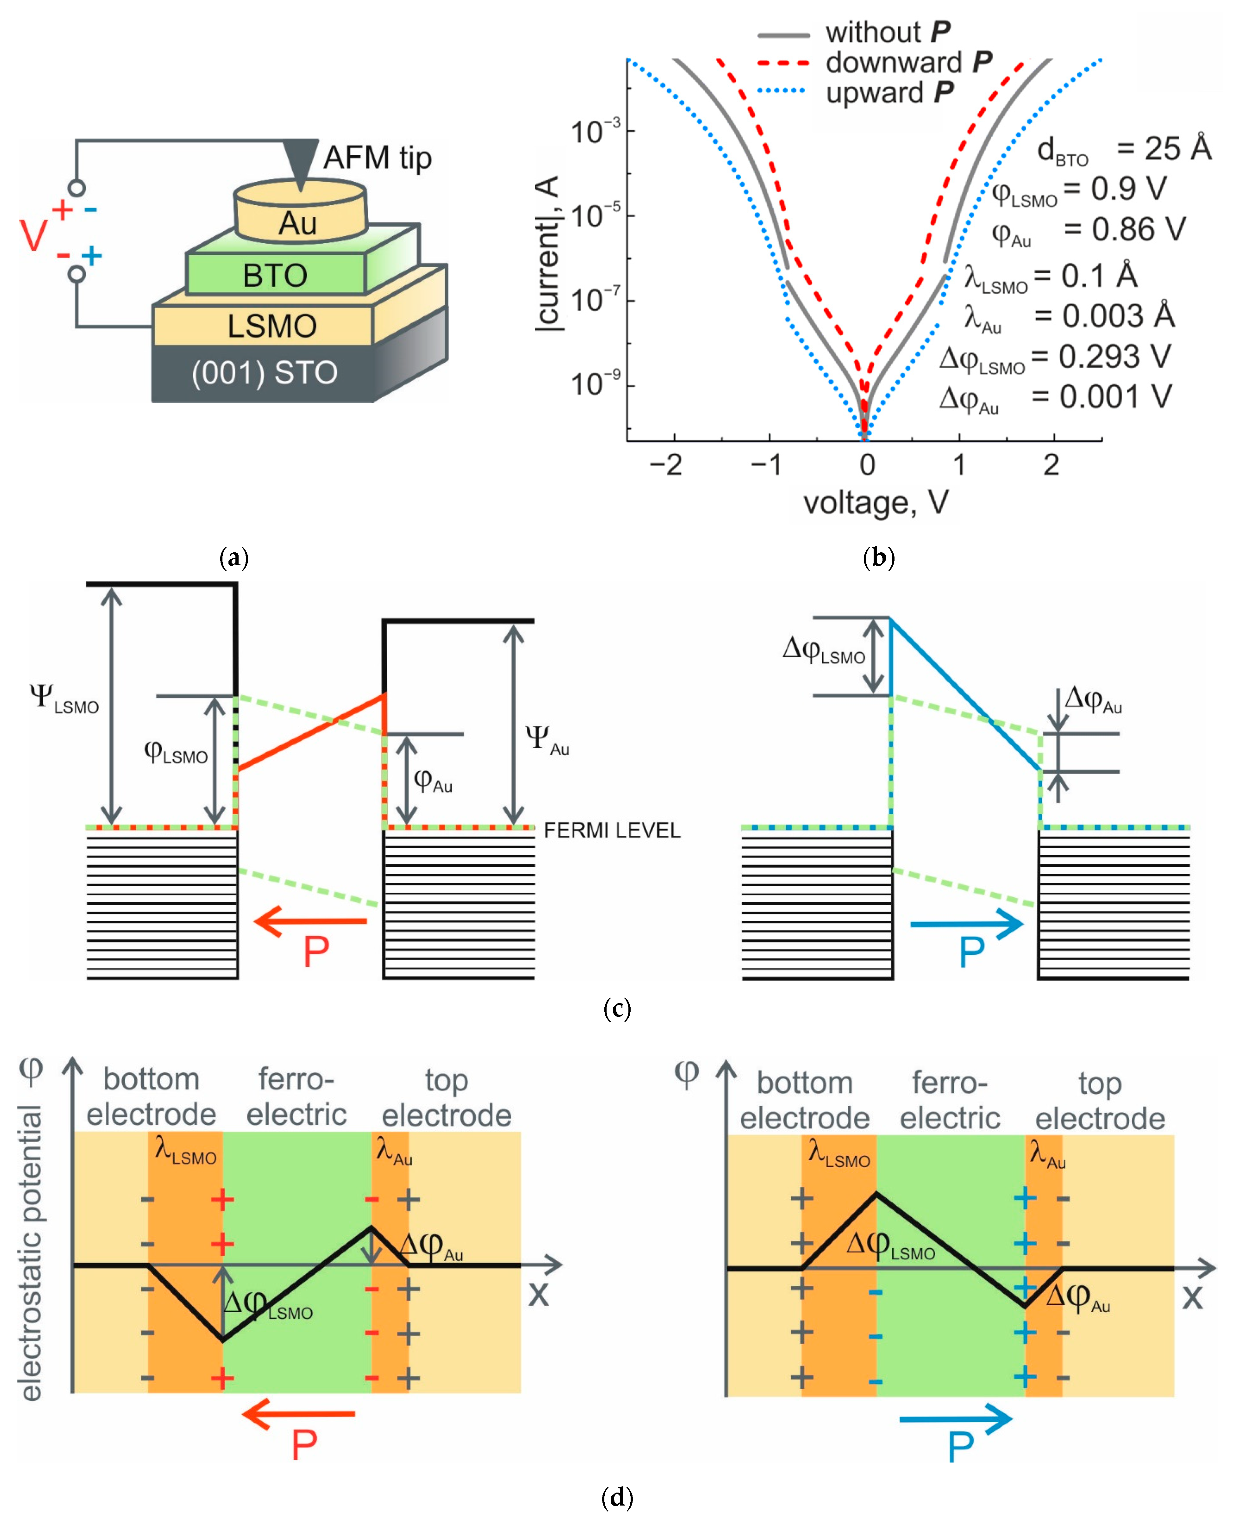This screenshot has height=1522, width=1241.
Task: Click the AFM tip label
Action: pos(377,158)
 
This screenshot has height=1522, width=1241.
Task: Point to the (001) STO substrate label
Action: pos(265,372)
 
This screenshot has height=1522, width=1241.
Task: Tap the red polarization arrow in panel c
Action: pos(311,921)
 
